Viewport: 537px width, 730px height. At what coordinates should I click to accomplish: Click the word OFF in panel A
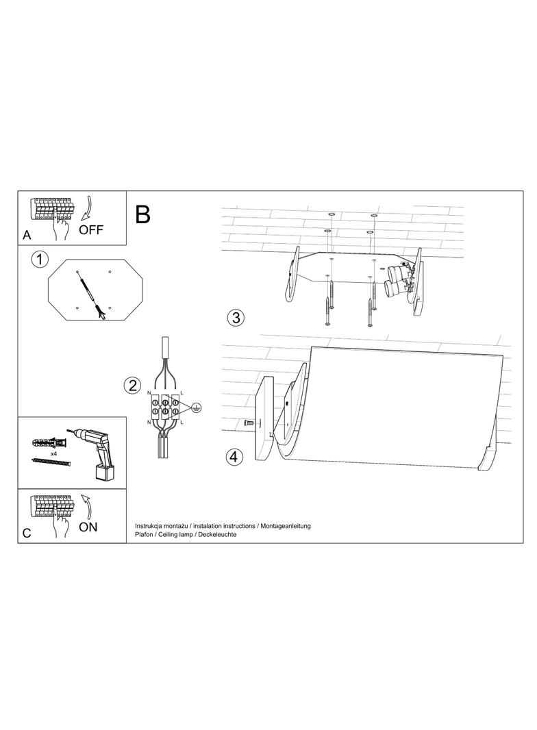(91, 229)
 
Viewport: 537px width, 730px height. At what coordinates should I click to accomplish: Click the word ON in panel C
(88, 527)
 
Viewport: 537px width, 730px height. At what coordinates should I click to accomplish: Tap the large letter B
(143, 214)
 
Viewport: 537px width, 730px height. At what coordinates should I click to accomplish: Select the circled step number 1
(40, 260)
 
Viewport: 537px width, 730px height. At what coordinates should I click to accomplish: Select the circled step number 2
(132, 386)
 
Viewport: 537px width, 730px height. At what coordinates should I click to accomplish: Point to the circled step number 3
(236, 318)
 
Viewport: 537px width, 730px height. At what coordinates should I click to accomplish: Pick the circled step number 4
(235, 456)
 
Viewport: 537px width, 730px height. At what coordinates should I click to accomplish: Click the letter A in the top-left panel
(27, 236)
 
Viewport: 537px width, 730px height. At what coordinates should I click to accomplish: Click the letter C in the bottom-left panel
(27, 533)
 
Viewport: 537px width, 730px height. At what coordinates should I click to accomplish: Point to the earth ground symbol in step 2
(197, 407)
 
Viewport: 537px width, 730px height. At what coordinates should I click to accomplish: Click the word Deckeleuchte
(217, 534)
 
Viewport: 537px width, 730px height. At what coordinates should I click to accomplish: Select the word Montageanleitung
(286, 526)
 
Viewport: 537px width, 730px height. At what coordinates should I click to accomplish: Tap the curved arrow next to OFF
(86, 209)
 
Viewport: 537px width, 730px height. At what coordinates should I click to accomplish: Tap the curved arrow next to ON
(86, 507)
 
